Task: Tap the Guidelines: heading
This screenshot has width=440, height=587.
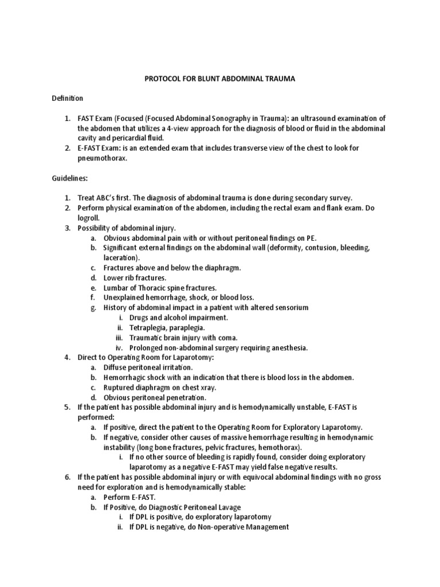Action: tap(69, 178)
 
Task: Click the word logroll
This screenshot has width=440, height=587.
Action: tap(91, 218)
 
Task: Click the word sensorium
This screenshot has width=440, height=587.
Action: tap(289, 307)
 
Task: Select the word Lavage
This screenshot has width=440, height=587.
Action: tap(228, 507)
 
